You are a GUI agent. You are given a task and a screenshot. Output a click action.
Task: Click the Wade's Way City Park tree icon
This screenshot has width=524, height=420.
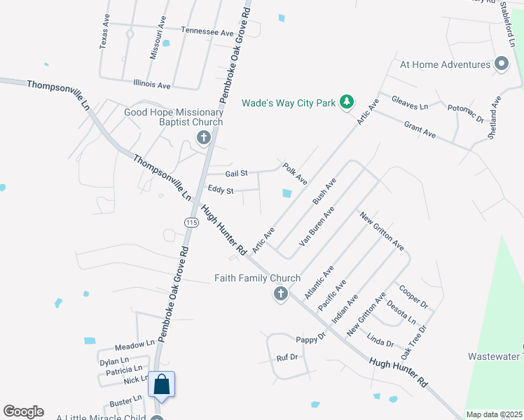click(346, 103)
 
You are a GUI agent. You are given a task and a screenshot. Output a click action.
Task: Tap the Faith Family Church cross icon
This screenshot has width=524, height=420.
click(280, 293)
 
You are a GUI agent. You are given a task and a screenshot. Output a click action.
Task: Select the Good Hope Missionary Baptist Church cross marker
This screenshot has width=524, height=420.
click(204, 137)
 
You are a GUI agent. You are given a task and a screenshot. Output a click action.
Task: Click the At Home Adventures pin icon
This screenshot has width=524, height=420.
click(501, 64)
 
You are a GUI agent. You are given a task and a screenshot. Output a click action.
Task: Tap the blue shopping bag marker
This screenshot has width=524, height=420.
click(161, 385)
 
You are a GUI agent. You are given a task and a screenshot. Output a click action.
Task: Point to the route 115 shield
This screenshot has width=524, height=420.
click(191, 222)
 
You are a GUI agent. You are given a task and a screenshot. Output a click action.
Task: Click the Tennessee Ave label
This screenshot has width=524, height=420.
click(207, 32)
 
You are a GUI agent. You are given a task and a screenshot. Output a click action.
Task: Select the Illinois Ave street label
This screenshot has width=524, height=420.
click(152, 85)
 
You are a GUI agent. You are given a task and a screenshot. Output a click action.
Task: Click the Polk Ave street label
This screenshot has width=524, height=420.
click(295, 174)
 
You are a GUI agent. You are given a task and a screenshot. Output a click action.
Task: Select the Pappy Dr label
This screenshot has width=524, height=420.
click(311, 339)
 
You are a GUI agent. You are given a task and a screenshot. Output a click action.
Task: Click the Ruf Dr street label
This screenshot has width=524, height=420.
click(287, 357)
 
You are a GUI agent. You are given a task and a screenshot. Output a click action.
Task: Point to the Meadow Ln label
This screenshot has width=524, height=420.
click(135, 344)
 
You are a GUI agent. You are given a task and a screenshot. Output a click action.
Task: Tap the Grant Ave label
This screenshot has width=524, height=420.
click(420, 129)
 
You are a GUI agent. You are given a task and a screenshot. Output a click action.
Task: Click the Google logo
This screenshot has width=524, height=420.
click(23, 412)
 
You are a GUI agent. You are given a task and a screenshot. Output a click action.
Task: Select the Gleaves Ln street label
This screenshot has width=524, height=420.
click(410, 102)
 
